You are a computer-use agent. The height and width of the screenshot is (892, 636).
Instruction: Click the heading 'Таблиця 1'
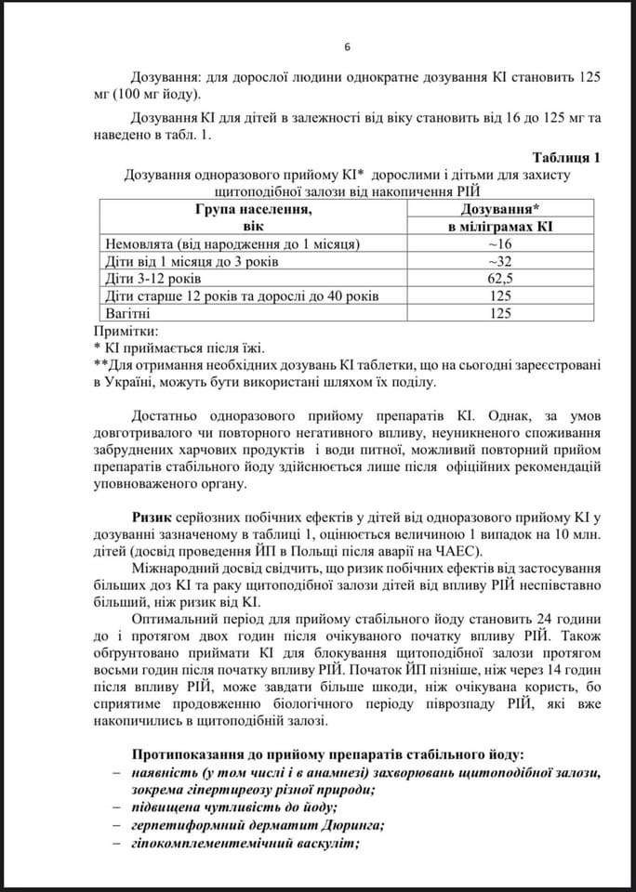point(565,157)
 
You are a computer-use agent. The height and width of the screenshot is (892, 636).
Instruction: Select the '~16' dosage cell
point(500,243)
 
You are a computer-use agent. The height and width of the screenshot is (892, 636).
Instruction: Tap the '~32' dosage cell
point(500,261)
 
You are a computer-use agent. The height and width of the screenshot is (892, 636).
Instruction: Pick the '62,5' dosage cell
point(500,279)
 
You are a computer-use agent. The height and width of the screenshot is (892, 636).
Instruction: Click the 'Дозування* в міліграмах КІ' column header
point(500,217)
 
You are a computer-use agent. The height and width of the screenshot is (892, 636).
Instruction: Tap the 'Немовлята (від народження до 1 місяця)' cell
point(232,243)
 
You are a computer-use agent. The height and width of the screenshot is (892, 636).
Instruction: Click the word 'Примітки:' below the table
point(127,331)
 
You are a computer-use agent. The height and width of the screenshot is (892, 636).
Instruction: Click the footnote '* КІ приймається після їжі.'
point(179,348)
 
